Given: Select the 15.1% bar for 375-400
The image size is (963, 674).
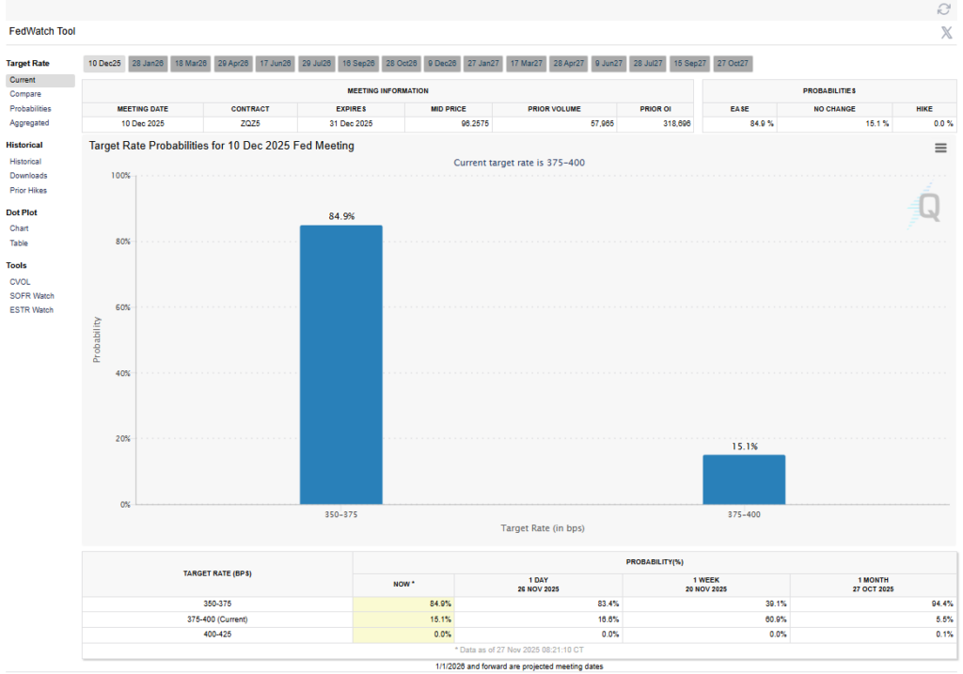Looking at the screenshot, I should click(x=743, y=479).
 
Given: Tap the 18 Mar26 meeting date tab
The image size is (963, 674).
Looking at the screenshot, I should click(x=190, y=63).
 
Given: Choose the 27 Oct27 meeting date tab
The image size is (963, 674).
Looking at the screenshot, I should click(x=733, y=63).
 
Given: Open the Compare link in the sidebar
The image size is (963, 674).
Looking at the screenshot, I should click(x=25, y=94).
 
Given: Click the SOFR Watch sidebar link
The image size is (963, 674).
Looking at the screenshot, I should click(x=32, y=295).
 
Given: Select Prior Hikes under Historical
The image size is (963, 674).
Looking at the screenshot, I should click(x=28, y=190).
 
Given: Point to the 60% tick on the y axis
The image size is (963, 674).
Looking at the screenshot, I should click(x=121, y=307).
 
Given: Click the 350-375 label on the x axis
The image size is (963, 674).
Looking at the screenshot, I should click(x=340, y=515).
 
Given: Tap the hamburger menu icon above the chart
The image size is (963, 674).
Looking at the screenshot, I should click(x=940, y=148).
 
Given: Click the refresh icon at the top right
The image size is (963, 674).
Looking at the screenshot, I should click(x=943, y=9).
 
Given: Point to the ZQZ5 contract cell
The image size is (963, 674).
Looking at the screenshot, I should click(x=251, y=123).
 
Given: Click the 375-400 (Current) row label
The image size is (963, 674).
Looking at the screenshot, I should click(x=217, y=619).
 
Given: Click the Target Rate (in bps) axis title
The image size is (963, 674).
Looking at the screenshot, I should click(x=542, y=528).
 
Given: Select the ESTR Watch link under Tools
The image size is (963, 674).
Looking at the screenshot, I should click(x=32, y=310).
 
